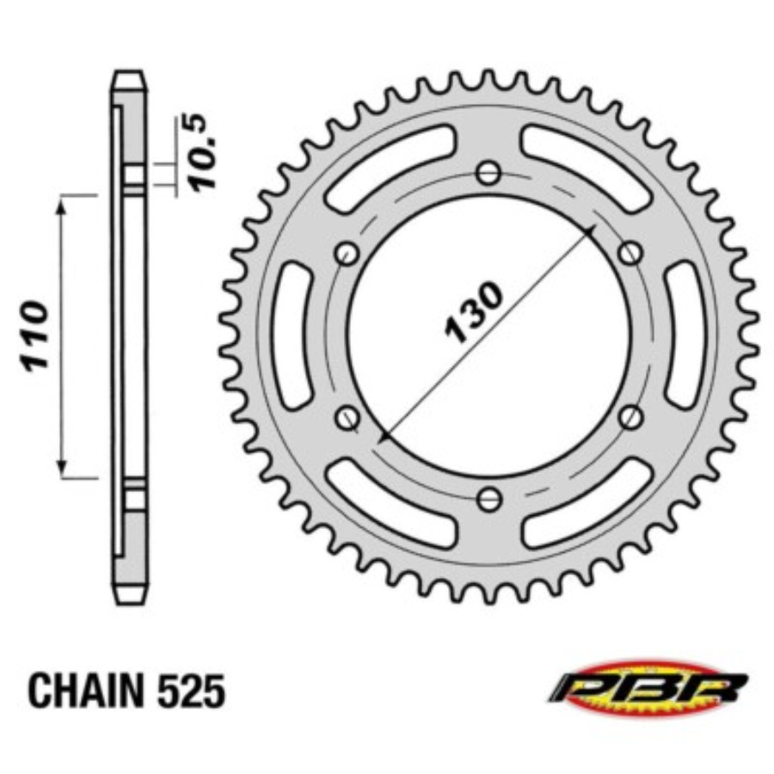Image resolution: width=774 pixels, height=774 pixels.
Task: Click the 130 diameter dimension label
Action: pos(474,312)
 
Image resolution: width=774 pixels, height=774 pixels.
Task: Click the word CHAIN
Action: pos(85,691)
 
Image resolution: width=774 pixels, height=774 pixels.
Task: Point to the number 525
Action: pos(191,691)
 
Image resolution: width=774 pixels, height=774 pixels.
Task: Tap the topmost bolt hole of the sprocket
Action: pos(488,173)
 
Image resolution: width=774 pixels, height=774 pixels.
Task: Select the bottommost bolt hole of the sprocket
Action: pos(488,500)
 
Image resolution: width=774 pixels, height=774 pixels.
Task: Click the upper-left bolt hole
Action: pos(347,254)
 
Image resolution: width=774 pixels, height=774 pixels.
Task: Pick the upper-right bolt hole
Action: pos(630,254)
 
